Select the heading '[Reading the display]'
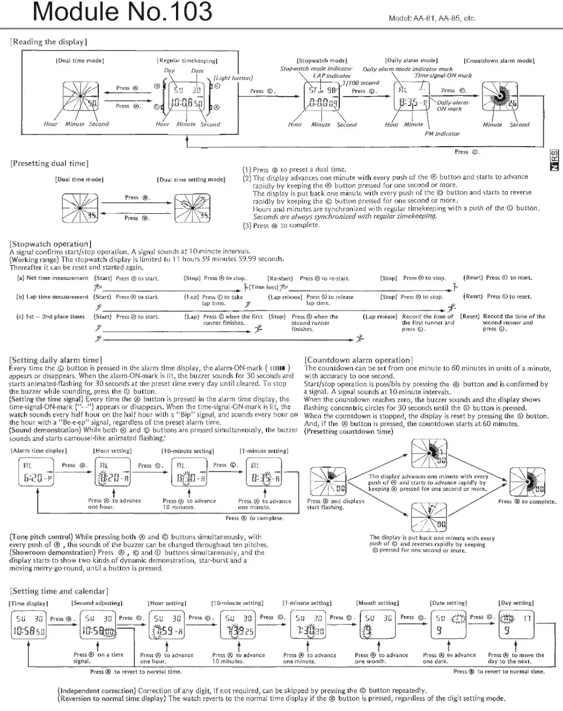click(x=48, y=42)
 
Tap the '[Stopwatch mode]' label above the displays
click(x=321, y=60)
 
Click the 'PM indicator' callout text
click(x=442, y=133)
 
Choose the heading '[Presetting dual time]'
click(x=49, y=163)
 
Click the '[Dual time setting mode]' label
click(x=191, y=179)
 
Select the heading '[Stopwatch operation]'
click(x=51, y=244)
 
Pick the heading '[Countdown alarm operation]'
click(x=359, y=360)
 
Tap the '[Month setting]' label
click(x=378, y=603)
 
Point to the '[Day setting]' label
click(x=516, y=603)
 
